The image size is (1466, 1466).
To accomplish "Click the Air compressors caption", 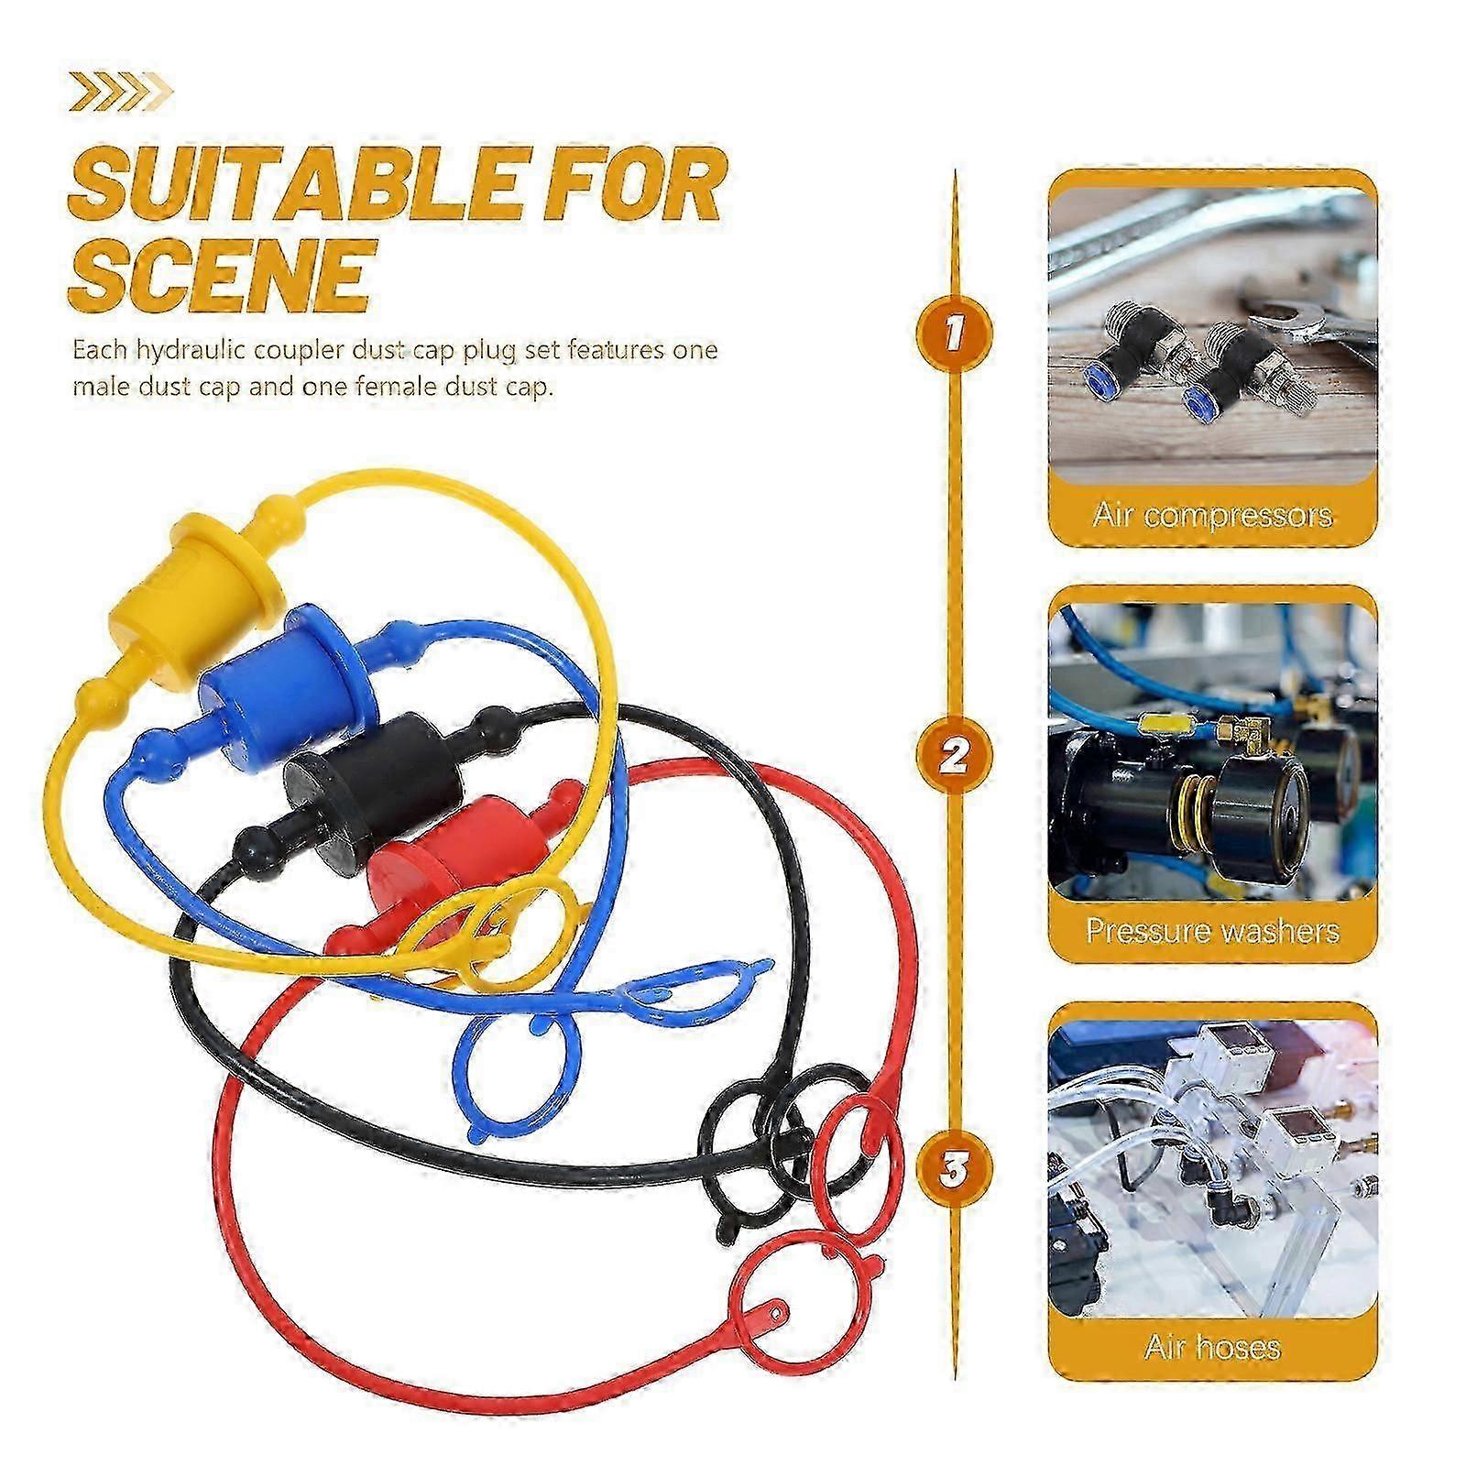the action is pyautogui.click(x=1212, y=515).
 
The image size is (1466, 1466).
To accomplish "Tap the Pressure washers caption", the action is pyautogui.click(x=1212, y=931).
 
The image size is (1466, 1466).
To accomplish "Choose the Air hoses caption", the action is pyautogui.click(x=1212, y=1347).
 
